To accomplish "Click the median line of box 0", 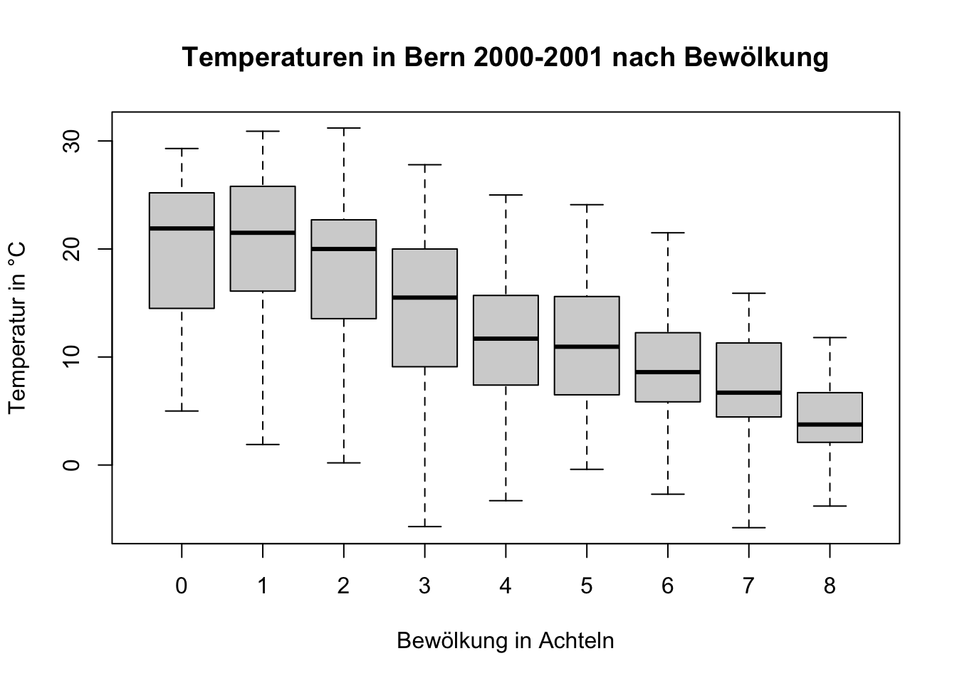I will pyautogui.click(x=182, y=228).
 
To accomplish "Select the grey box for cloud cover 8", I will pyautogui.click(x=830, y=409).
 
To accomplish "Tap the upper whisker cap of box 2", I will pyautogui.click(x=344, y=128).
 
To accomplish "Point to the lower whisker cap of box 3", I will pyautogui.click(x=425, y=526).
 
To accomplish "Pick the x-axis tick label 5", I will pyautogui.click(x=587, y=586).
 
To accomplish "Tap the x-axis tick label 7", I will pyautogui.click(x=748, y=586).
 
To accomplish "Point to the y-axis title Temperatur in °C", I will pyautogui.click(x=17, y=328).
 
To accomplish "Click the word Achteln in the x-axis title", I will pyautogui.click(x=576, y=641).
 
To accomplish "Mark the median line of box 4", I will pyautogui.click(x=506, y=339).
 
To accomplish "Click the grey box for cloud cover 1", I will pyautogui.click(x=263, y=263).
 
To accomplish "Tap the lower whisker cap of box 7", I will pyautogui.click(x=749, y=528).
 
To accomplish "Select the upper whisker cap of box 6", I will pyautogui.click(x=668, y=233).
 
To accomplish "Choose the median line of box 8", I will pyautogui.click(x=830, y=425).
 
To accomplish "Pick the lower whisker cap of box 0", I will pyautogui.click(x=182, y=411).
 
